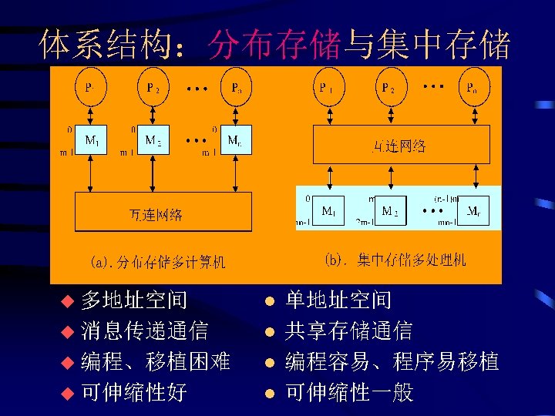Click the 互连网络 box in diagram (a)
pyautogui.click(x=163, y=213)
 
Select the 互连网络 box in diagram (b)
pyautogui.click(x=401, y=145)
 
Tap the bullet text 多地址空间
pyautogui.click(x=133, y=300)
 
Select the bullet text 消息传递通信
pyautogui.click(x=144, y=330)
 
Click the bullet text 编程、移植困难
pyautogui.click(x=156, y=361)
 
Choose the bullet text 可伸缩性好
pyautogui.click(x=133, y=392)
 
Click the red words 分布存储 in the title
pyautogui.click(x=274, y=45)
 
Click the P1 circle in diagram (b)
pyautogui.click(x=327, y=88)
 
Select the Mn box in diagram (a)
pyautogui.click(x=234, y=142)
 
